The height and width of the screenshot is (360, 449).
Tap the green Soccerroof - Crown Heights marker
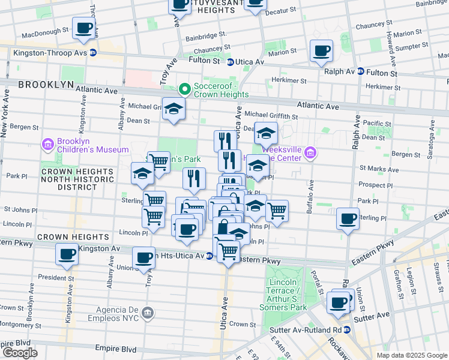185,89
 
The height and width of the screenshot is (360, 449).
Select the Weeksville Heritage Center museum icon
310,154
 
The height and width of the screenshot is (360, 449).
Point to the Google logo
19,352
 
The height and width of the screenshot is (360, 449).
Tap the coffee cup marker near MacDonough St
83,28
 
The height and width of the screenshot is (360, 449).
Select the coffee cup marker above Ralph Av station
322,51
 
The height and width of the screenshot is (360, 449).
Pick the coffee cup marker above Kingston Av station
67,253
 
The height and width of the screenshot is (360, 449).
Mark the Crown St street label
243,324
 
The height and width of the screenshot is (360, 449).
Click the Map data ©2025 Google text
412,355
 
